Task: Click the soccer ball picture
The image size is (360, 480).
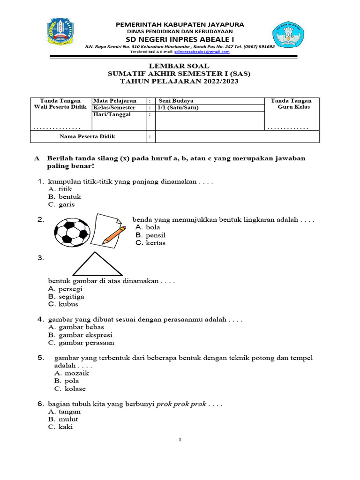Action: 72,231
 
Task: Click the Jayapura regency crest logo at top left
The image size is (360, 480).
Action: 60,34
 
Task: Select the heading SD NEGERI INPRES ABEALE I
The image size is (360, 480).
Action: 180,38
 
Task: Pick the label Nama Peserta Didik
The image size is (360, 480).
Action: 87,136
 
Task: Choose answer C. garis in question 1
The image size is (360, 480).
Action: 61,204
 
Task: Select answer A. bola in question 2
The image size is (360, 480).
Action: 148,227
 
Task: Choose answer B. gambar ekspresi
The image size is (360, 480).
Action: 80,335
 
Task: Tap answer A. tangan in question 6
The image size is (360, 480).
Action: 65,412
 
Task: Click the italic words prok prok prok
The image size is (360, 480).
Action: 181,404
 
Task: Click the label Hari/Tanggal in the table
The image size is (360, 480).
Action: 112,115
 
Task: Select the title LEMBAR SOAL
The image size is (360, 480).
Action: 180,66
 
